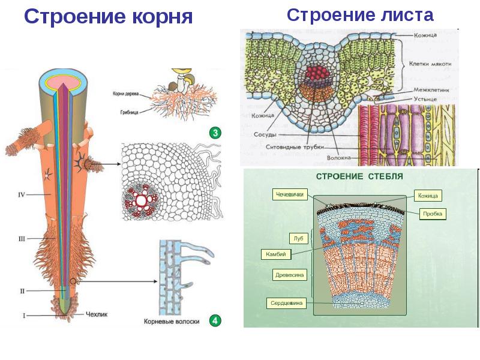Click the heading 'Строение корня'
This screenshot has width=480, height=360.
click(108, 17)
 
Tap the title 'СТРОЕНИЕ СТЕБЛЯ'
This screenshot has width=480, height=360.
click(359, 177)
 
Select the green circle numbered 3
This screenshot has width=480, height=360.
click(215, 133)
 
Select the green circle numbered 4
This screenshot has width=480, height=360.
click(215, 321)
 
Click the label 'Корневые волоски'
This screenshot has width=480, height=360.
click(172, 322)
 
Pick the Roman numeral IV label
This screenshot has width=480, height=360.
click(21, 194)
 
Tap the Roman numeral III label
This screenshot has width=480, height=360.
click(22, 239)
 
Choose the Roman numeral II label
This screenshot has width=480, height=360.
click(22, 291)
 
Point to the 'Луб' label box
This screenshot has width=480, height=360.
click(298, 238)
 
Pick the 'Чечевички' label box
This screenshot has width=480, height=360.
click(291, 194)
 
